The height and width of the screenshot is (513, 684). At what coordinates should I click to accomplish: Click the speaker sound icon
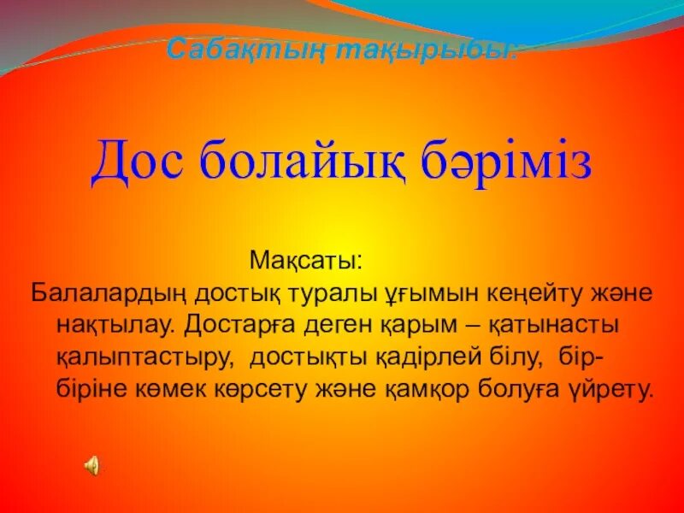pyautogui.click(x=91, y=465)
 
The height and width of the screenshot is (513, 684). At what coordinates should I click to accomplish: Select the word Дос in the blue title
pyautogui.click(x=139, y=162)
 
